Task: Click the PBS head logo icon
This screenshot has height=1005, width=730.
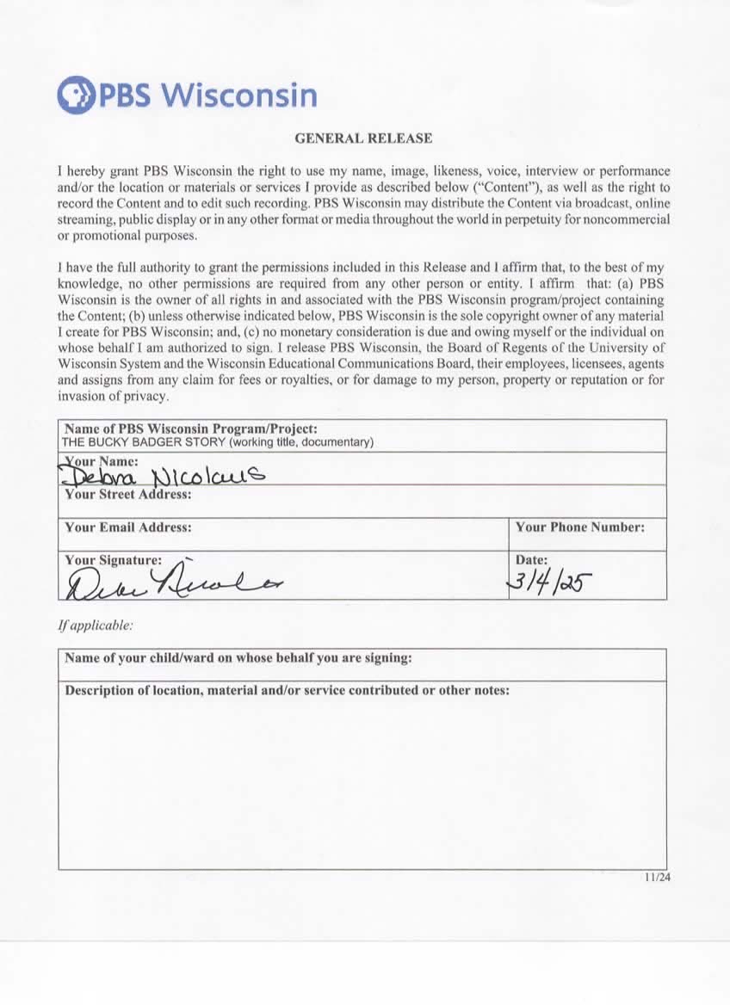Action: pyautogui.click(x=74, y=95)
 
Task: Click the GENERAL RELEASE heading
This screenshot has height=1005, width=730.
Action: pyautogui.click(x=363, y=138)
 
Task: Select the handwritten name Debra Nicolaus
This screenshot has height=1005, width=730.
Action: pyautogui.click(x=164, y=477)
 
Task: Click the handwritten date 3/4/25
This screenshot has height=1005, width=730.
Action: pyautogui.click(x=546, y=583)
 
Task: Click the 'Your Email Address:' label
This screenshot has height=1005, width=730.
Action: pyautogui.click(x=128, y=527)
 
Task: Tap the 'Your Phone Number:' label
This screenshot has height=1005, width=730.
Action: pyautogui.click(x=580, y=527)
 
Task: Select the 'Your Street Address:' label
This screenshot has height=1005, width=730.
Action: pyautogui.click(x=128, y=495)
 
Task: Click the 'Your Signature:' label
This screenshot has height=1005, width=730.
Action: pyautogui.click(x=113, y=559)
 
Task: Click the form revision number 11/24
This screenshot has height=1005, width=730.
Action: pyautogui.click(x=656, y=878)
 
